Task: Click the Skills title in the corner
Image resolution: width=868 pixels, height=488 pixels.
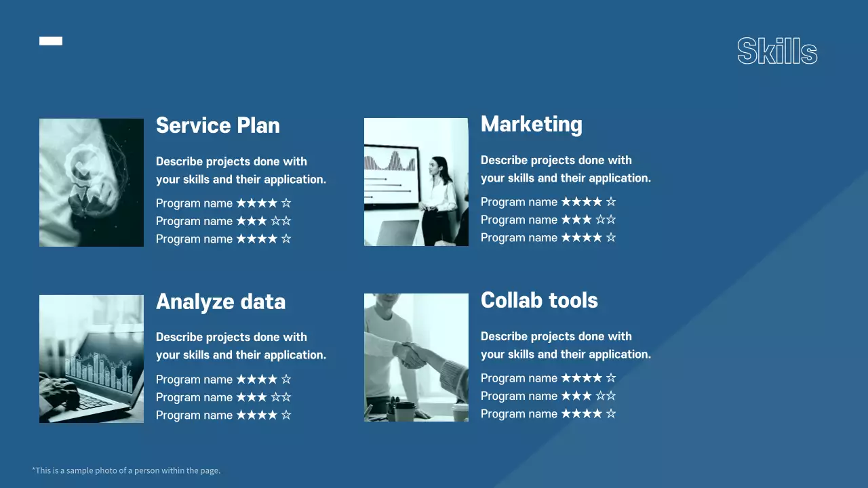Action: pos(777,51)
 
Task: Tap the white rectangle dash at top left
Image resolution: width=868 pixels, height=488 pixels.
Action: pos(51,41)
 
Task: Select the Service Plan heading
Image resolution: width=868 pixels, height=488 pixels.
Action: pos(218,125)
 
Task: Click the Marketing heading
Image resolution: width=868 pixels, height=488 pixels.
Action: pos(531,124)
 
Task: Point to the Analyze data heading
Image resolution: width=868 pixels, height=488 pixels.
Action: pos(221,302)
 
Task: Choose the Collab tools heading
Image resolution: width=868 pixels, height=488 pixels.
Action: pos(539,300)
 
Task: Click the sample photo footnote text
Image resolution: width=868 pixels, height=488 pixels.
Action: pos(126,470)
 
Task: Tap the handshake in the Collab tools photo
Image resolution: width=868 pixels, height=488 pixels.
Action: pos(411,354)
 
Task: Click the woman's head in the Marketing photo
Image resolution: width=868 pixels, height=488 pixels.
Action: pos(439,167)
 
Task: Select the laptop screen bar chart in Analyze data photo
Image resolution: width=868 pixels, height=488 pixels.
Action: pos(99,371)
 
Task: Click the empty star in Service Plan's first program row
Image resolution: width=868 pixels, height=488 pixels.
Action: pos(286,203)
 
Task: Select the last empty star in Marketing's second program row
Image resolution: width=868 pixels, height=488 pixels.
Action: pos(611,220)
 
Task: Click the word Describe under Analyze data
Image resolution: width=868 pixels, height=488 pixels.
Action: pos(179,337)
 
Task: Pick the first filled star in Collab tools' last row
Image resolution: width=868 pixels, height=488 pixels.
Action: pos(566,413)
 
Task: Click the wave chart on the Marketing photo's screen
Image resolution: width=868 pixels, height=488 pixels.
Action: pos(389,161)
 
